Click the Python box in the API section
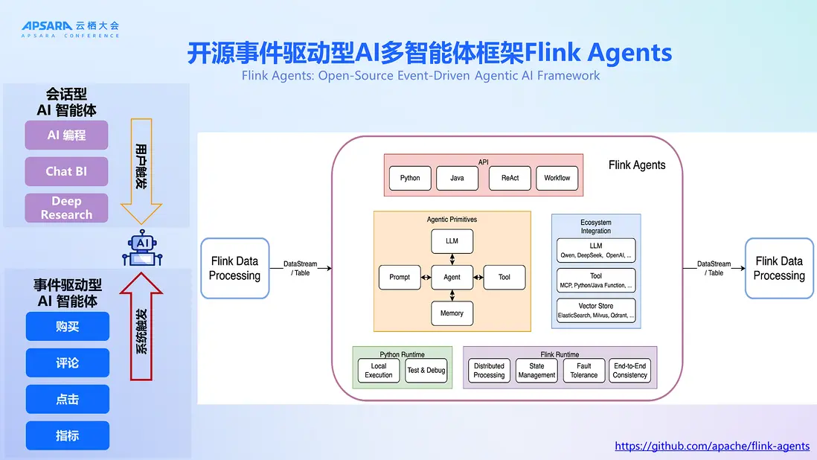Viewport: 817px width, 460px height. point(410,178)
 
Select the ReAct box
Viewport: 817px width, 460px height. point(510,178)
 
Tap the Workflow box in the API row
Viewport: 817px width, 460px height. point(557,178)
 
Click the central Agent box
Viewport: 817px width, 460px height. point(452,277)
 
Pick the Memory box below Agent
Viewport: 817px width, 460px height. point(452,313)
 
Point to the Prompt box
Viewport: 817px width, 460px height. point(400,277)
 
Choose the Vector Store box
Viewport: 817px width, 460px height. point(596,310)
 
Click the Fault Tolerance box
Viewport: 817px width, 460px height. point(584,371)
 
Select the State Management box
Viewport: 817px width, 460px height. point(536,371)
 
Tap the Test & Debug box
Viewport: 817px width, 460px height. point(426,371)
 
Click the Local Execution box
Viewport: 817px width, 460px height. point(379,371)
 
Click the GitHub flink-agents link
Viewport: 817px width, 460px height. point(712,447)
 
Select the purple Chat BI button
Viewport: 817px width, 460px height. point(66,171)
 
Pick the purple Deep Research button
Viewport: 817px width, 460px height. point(66,208)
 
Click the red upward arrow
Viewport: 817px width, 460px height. point(141,324)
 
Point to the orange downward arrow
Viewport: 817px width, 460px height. point(141,170)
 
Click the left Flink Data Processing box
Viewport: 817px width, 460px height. point(234,268)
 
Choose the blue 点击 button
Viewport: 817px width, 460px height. point(67,399)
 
